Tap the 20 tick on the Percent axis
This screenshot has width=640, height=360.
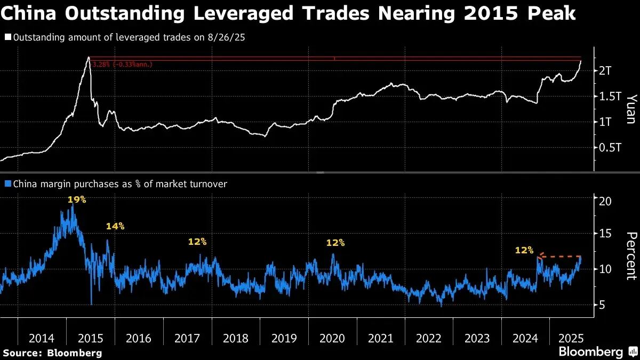click(605, 201)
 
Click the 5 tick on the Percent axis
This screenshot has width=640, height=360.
click(602, 305)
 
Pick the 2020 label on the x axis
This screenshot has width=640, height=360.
click(332, 338)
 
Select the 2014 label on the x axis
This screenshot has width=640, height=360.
click(42, 338)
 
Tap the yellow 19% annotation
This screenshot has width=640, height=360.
click(77, 200)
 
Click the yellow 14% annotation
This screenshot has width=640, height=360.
click(115, 226)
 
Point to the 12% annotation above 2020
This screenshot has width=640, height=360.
click(335, 243)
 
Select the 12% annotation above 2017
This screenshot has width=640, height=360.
click(197, 242)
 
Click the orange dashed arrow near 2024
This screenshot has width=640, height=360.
click(560, 257)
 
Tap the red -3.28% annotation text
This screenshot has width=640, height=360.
click(122, 65)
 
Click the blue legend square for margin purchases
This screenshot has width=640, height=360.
click(7, 184)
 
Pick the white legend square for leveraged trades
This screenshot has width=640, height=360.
click(7, 38)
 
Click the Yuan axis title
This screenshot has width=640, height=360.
click(631, 109)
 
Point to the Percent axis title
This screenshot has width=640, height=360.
click(631, 255)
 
